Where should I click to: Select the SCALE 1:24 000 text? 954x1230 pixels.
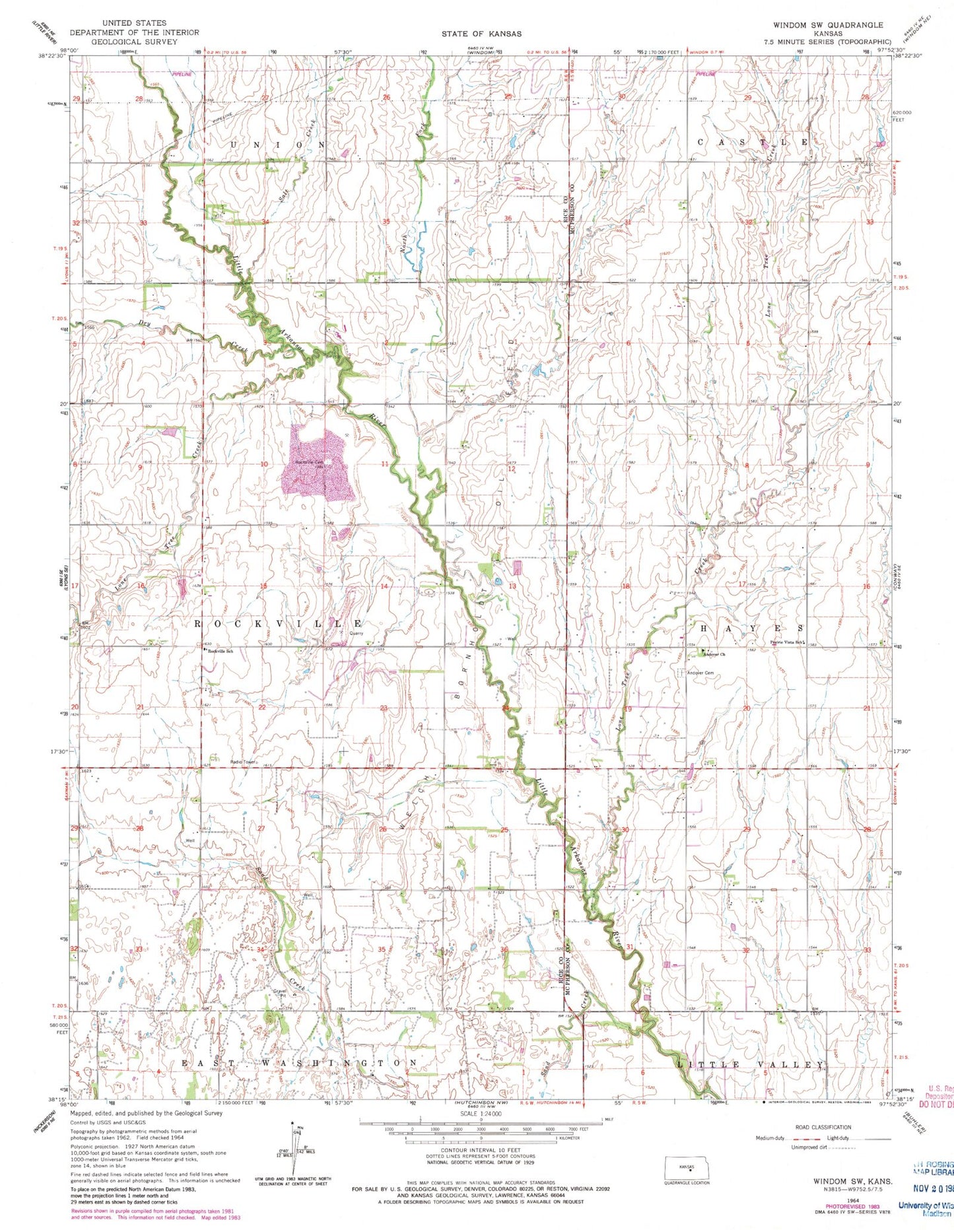pyautogui.click(x=481, y=1113)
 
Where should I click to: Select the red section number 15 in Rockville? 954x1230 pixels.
pyautogui.click(x=263, y=586)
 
